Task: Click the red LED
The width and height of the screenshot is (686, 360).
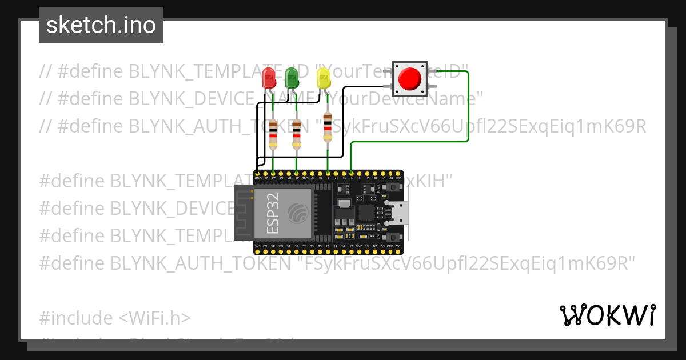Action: [x=268, y=78]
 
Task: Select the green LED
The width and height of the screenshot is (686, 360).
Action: [x=292, y=78]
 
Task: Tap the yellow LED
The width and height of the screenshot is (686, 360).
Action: [x=324, y=78]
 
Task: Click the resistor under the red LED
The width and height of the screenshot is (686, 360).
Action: [x=273, y=135]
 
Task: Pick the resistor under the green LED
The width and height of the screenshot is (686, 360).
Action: [x=296, y=135]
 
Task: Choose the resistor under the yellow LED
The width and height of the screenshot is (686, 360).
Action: [x=327, y=127]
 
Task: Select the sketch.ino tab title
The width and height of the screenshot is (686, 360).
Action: [x=101, y=25]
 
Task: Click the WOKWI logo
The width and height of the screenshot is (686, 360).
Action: [x=607, y=315]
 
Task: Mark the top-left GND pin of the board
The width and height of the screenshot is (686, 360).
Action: [x=257, y=173]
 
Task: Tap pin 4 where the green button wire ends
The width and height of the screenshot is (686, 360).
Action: [x=350, y=173]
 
